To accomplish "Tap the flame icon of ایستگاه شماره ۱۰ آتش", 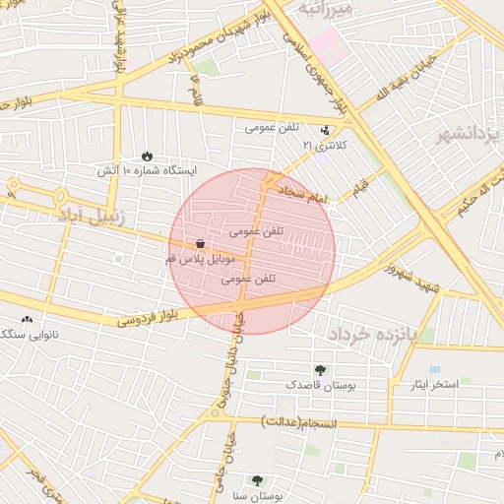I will click(147, 156).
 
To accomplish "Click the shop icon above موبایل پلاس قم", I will click(201, 243).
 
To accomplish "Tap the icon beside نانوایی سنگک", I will click(27, 319).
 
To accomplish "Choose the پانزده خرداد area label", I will click(388, 334).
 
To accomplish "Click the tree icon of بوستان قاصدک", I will click(320, 370).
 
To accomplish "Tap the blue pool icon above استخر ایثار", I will click(434, 369).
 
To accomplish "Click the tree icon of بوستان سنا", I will click(257, 480).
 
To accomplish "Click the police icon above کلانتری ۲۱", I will click(325, 130).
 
